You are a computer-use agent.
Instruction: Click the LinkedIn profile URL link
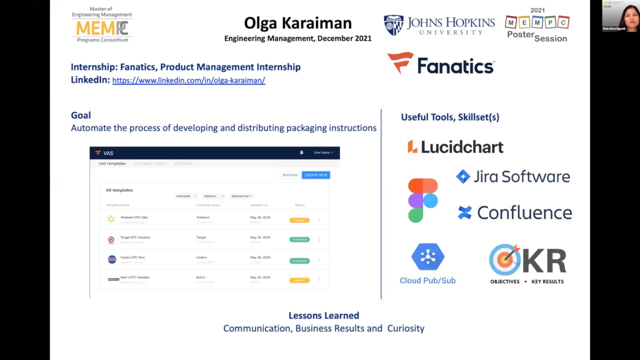pos(188,80)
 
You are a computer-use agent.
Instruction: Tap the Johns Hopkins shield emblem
pos(393,25)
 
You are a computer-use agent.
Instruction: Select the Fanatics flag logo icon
pos(400,62)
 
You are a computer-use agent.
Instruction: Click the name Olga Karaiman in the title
pos(297,23)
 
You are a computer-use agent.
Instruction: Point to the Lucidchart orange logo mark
pos(412,146)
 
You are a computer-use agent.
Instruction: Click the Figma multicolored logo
pos(423,200)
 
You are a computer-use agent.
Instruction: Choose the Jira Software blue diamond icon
pos(463,176)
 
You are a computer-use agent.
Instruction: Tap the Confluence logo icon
pos(464,212)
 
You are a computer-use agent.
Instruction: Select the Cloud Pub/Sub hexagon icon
pos(427,257)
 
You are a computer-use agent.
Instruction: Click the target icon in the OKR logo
pos(505,259)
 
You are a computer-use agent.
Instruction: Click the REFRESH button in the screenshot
pos(290,175)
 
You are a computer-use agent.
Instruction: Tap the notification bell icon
pos(301,152)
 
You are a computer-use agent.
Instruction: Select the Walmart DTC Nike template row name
pos(134,217)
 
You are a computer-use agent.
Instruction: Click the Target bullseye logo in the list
pos(111,239)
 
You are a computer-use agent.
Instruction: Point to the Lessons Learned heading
pos(323,315)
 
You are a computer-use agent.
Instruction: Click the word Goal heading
pos(80,115)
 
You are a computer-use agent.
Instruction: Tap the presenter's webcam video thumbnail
pos(620,16)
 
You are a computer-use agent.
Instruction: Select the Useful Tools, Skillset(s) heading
pos(450,117)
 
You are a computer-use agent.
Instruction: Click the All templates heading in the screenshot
pos(119,190)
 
